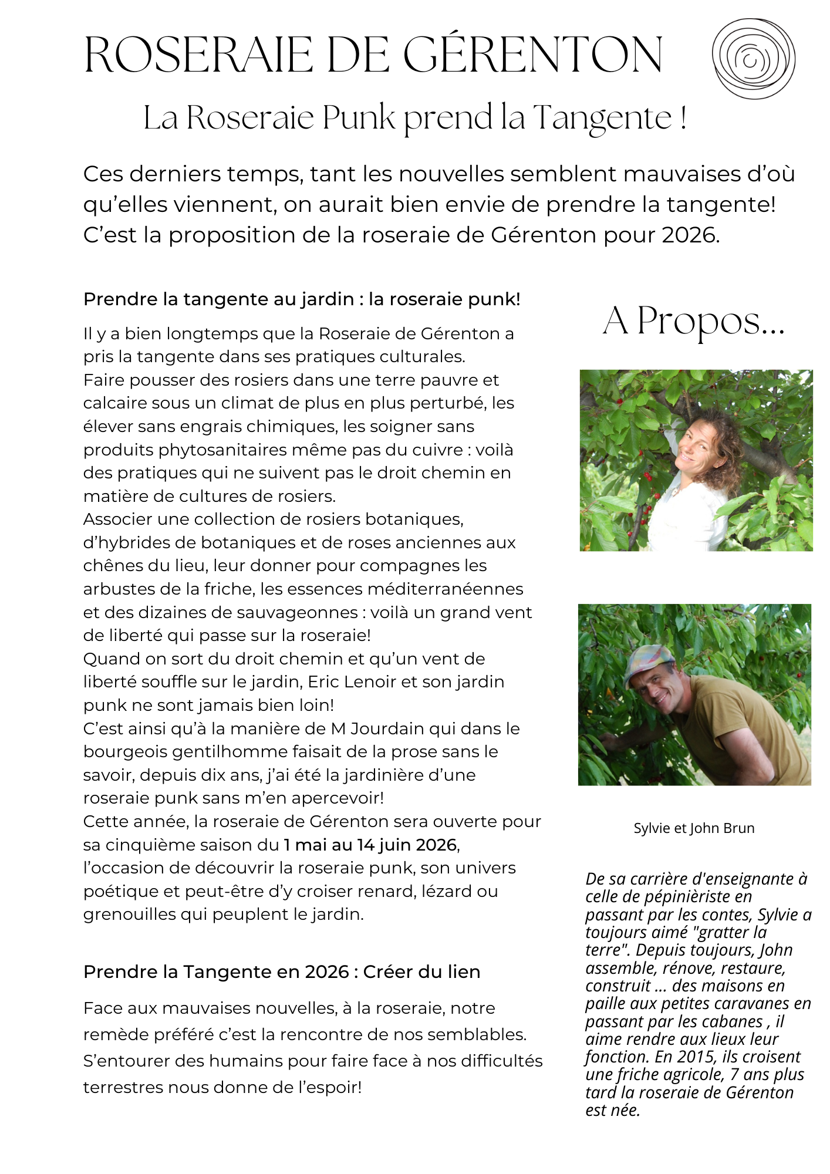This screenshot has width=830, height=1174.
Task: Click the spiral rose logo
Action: [x=753, y=58]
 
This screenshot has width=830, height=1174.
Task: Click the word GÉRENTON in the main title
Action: [x=533, y=55]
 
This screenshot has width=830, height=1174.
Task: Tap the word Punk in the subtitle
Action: [x=359, y=117]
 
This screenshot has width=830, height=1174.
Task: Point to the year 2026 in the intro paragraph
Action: [x=690, y=235]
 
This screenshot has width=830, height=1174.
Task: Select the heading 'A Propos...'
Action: [x=694, y=321]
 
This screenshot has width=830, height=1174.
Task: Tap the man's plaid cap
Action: [x=646, y=661]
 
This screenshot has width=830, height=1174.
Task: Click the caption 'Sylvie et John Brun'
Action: [x=694, y=828]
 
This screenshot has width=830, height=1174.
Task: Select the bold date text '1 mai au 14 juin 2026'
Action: [x=370, y=845]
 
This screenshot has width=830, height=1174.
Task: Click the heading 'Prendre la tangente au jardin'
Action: [x=218, y=299]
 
